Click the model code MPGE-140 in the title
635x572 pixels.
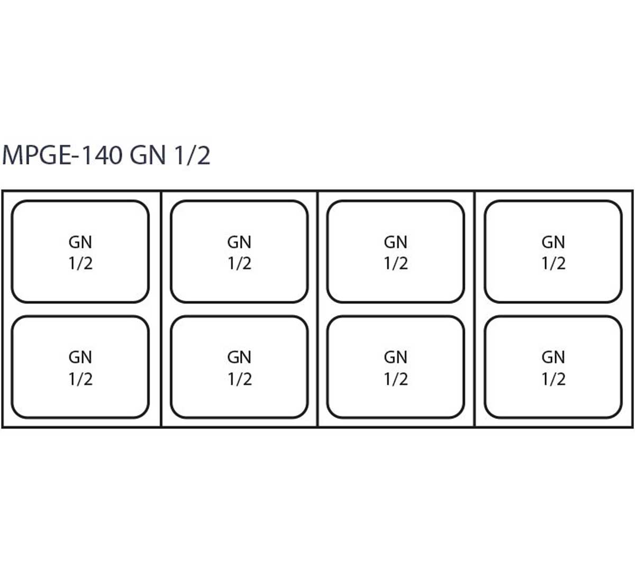pyautogui.click(x=62, y=155)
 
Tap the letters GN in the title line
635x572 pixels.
pyautogui.click(x=148, y=155)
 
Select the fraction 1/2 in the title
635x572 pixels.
pyautogui.click(x=192, y=155)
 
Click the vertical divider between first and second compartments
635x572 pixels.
pyautogui.click(x=161, y=309)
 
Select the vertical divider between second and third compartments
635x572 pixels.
pyautogui.click(x=317, y=309)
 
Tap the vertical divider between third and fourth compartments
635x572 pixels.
pyautogui.click(x=475, y=309)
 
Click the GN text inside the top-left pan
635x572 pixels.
pyautogui.click(x=80, y=243)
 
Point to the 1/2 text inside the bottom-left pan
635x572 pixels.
pyautogui.click(x=81, y=379)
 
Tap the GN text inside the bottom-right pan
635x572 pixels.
pyautogui.click(x=554, y=358)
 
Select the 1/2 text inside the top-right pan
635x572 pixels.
pyautogui.click(x=554, y=264)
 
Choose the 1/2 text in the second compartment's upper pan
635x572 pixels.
pyautogui.click(x=240, y=264)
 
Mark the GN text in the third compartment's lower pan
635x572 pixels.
pyautogui.click(x=396, y=358)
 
